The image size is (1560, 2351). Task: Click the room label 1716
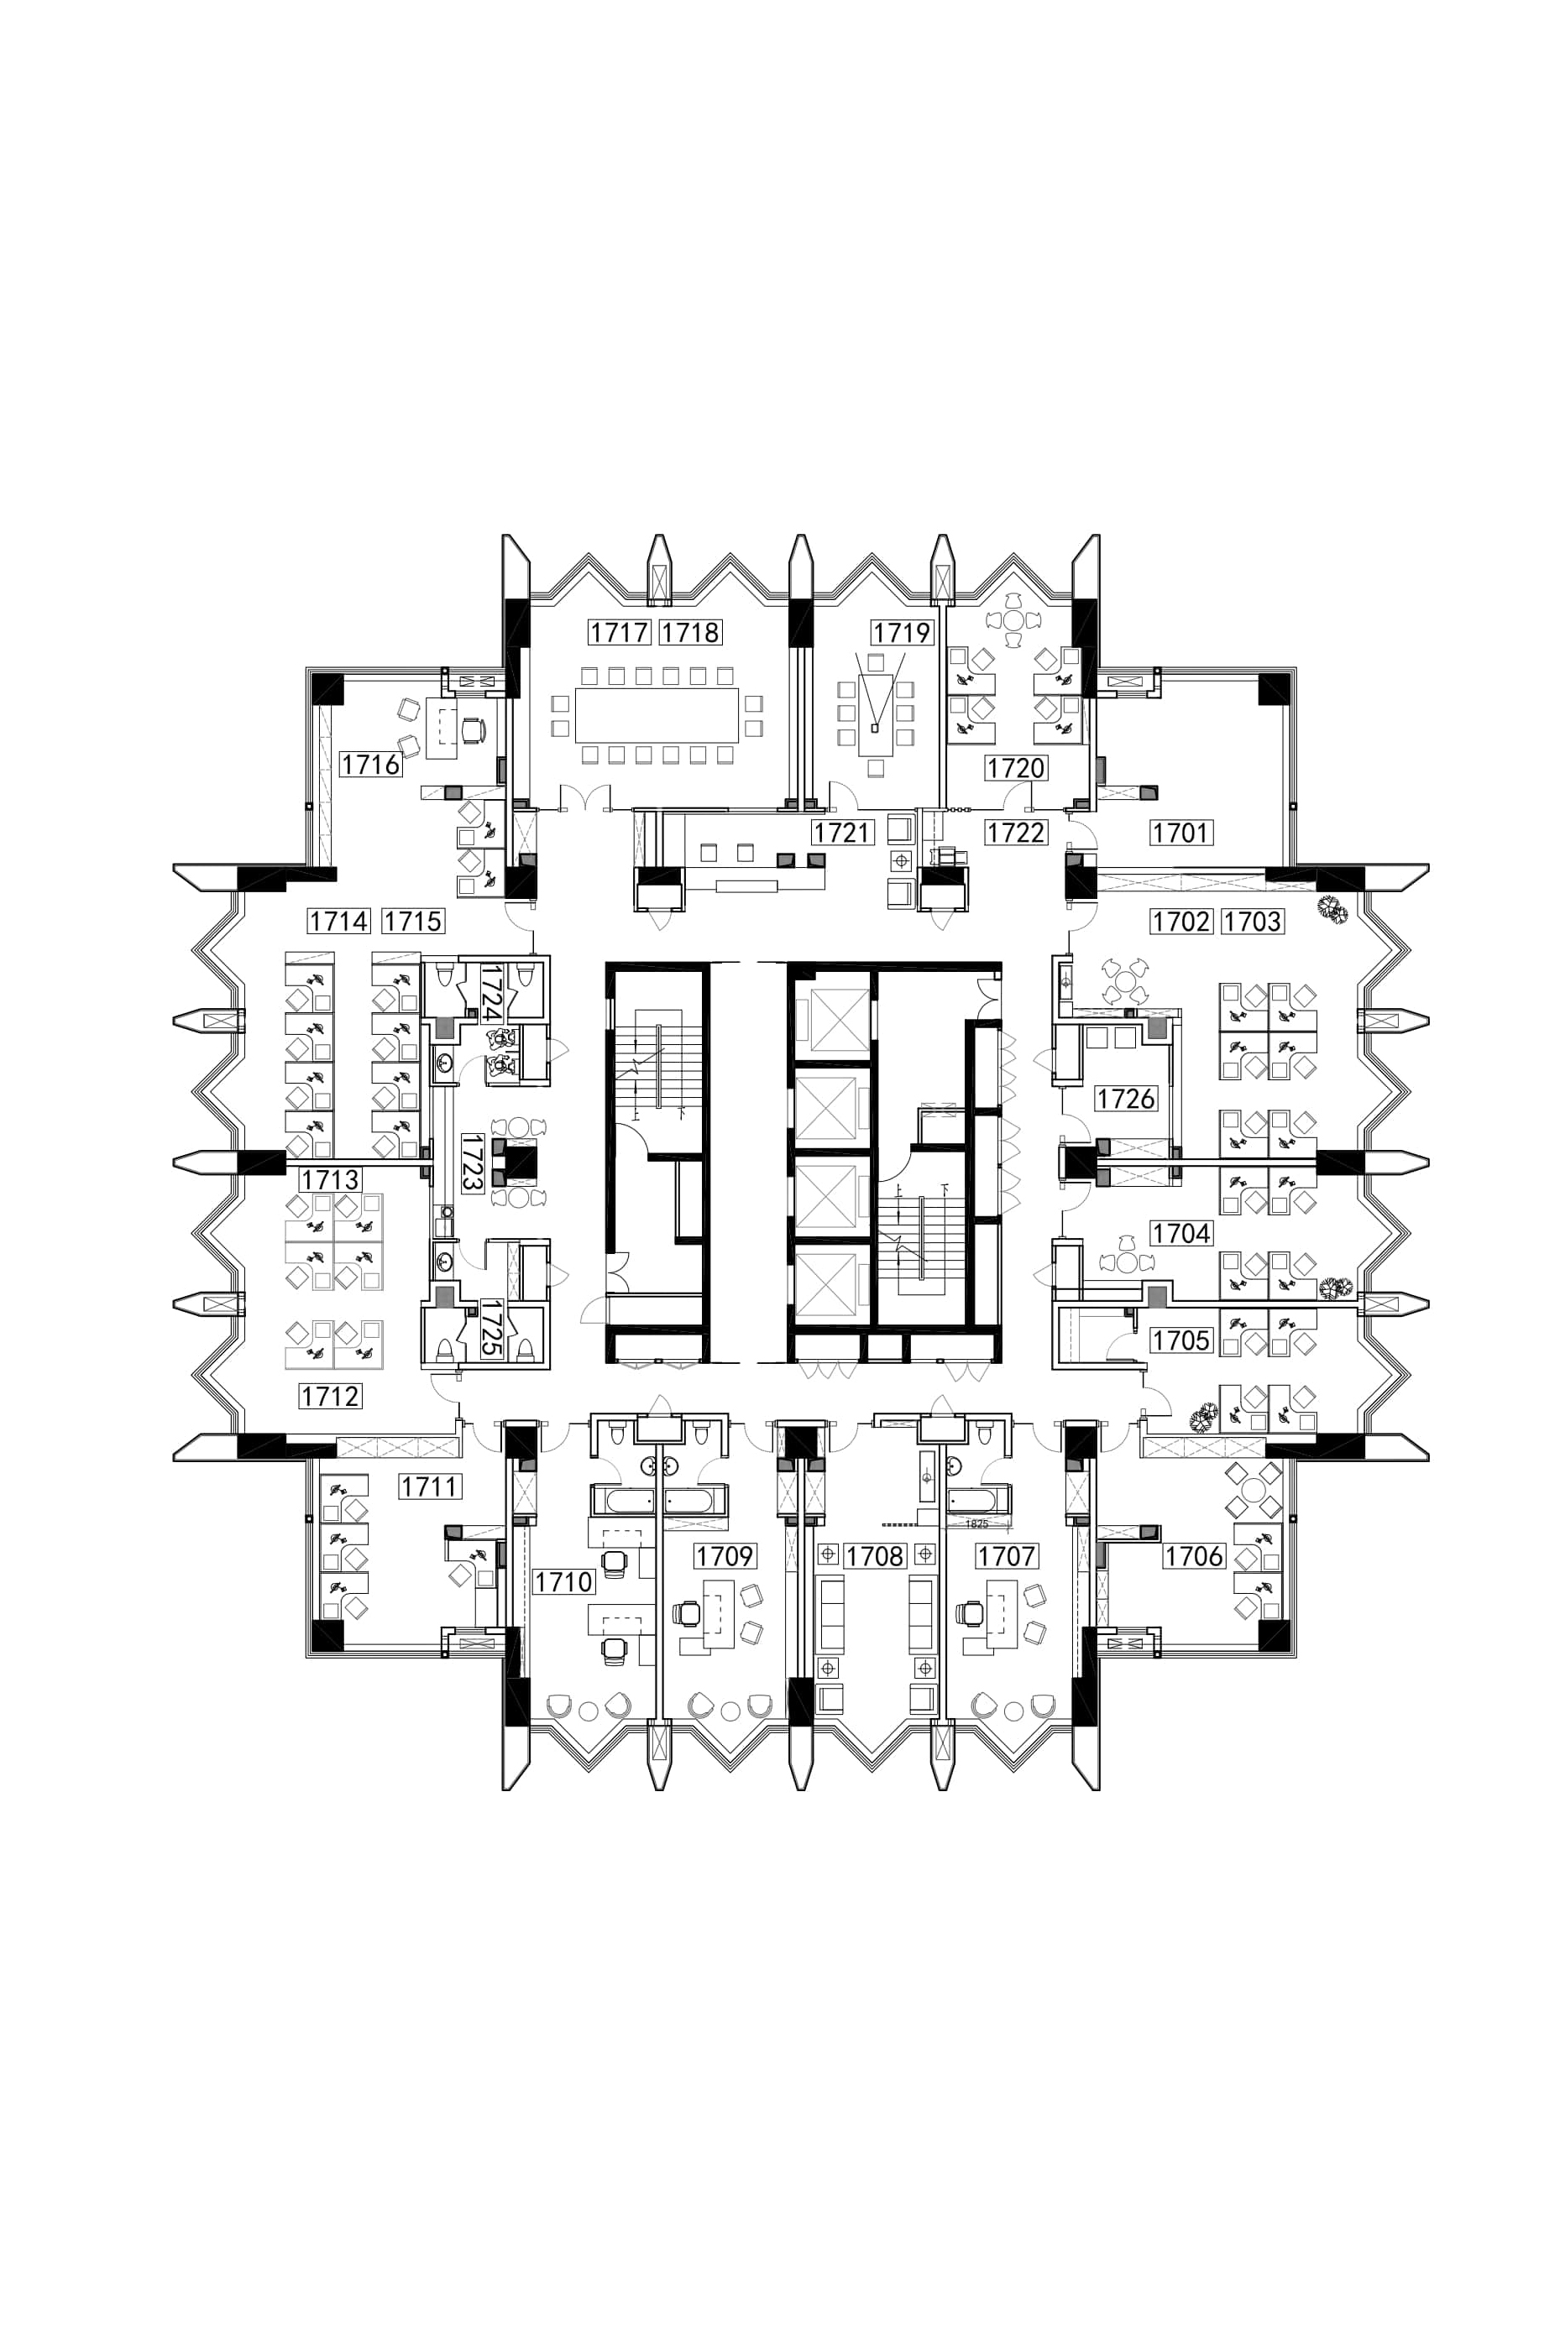click(370, 764)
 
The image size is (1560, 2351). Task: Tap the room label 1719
click(902, 633)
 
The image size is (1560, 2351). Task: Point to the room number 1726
click(1125, 1098)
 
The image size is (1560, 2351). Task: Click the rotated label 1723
click(473, 1162)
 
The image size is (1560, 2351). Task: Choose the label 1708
click(875, 1555)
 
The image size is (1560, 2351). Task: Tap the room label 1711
click(430, 1486)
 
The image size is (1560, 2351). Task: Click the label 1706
click(1194, 1555)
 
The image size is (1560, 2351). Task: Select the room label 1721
click(841, 833)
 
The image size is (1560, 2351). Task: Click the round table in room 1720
click(1013, 619)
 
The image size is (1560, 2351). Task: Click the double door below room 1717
click(584, 797)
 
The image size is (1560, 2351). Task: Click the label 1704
click(1181, 1233)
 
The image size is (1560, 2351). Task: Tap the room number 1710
click(563, 1581)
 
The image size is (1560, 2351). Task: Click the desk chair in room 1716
click(474, 730)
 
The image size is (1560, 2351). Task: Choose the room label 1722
click(1016, 833)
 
